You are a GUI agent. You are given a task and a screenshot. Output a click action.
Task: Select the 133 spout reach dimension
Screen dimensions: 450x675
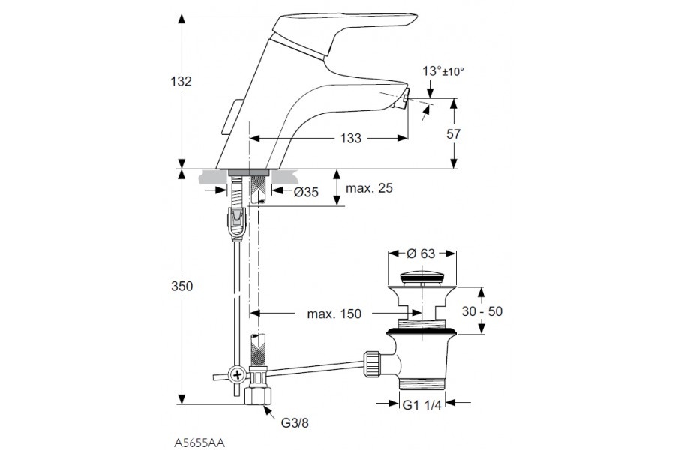350,138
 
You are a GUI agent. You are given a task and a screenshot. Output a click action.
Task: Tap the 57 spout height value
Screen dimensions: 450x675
474,135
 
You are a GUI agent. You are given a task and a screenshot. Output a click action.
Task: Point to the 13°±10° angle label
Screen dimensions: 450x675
442,71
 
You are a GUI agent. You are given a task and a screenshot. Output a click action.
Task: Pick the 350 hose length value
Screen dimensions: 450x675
181,286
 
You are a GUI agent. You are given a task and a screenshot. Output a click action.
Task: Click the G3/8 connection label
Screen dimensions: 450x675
293,423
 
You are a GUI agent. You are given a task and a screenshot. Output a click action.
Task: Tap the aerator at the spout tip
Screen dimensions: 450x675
403,99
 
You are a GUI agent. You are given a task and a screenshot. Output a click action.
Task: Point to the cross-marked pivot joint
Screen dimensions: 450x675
238,373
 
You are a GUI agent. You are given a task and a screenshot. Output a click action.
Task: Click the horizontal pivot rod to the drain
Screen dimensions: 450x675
315,367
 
